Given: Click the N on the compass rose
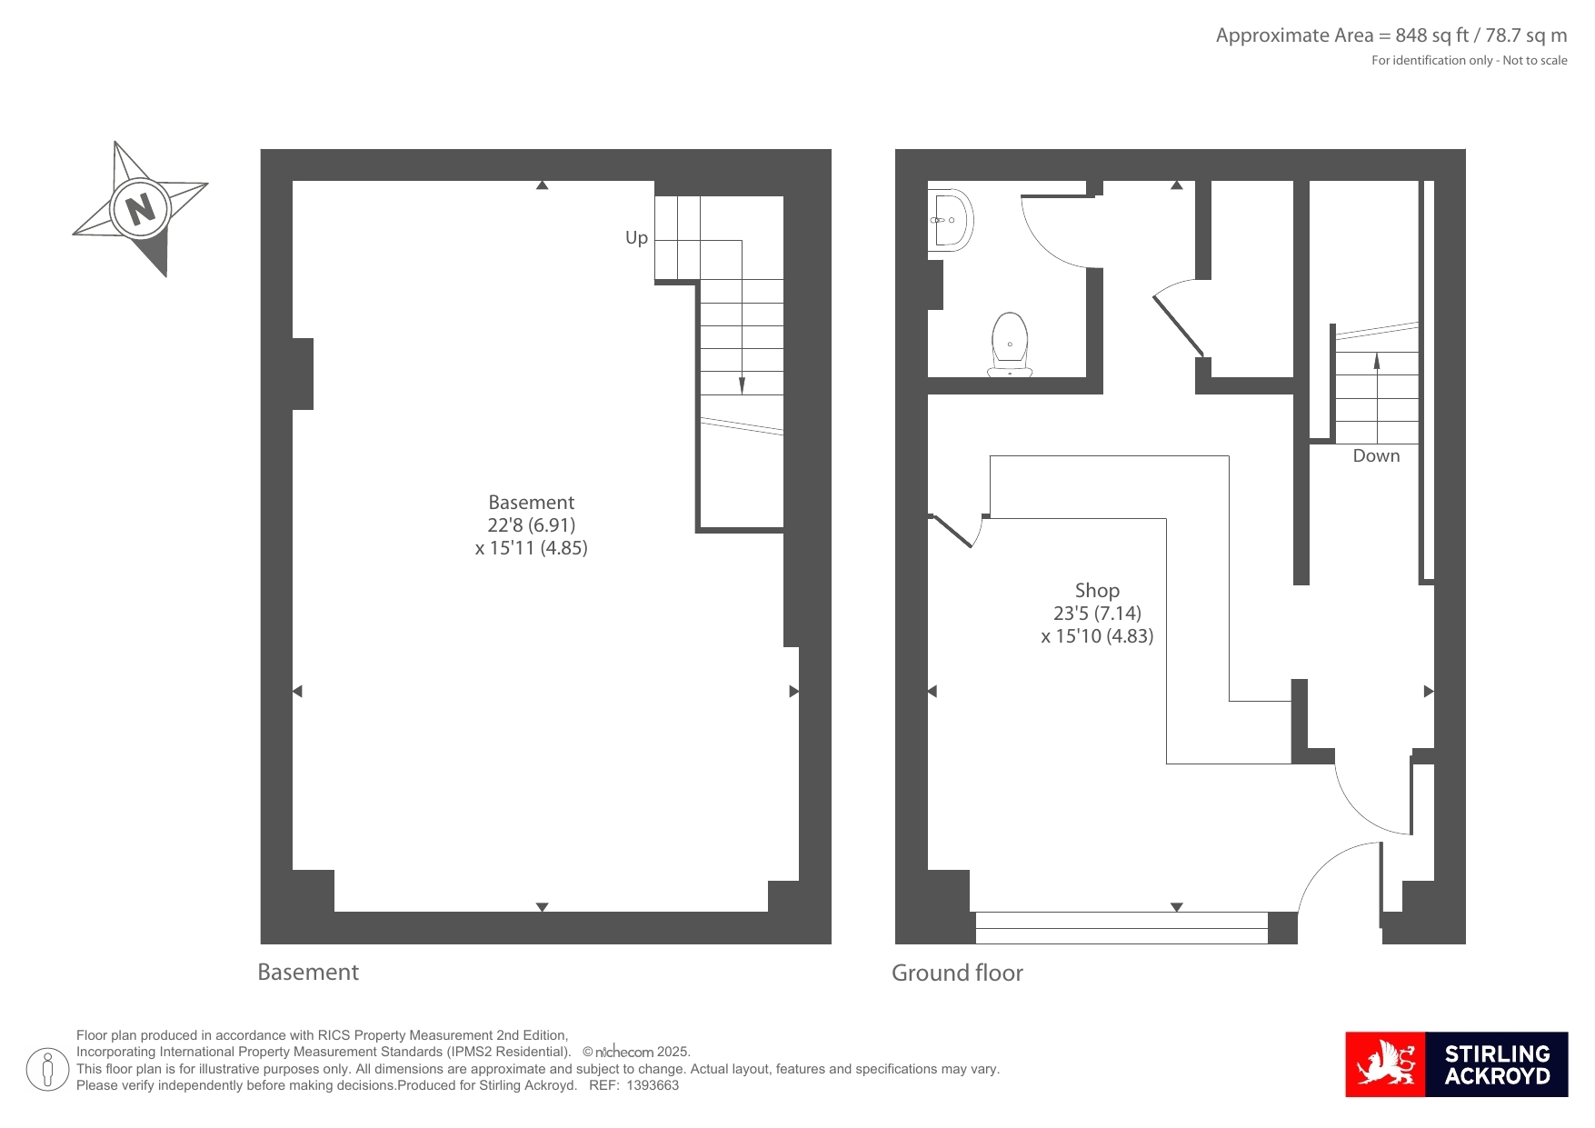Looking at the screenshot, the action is (140, 209).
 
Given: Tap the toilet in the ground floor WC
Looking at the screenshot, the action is (1010, 344).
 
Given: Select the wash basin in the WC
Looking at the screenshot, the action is (951, 219).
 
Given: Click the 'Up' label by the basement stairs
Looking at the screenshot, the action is (636, 238).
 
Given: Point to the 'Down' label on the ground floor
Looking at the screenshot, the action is (1376, 456).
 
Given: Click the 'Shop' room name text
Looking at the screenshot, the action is (1097, 591).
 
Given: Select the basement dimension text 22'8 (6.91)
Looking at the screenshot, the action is (532, 525).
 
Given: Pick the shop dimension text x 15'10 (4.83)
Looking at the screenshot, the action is (1097, 636).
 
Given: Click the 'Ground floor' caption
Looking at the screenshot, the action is (957, 973).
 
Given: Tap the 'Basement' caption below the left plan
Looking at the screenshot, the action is (308, 973).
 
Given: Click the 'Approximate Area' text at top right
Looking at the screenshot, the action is (1294, 35).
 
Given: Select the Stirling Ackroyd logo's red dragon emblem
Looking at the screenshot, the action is (1385, 1064).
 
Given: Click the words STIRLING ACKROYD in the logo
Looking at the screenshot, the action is (1497, 1065).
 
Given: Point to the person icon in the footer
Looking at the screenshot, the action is (47, 1069).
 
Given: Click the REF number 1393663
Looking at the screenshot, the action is (653, 1085).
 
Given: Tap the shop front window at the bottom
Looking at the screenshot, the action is (1121, 928).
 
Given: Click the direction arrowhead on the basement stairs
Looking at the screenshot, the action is (742, 385).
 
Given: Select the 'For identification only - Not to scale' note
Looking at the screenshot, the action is (1469, 61).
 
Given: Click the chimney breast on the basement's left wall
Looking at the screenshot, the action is (303, 374).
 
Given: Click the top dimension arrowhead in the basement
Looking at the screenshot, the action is (542, 185).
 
